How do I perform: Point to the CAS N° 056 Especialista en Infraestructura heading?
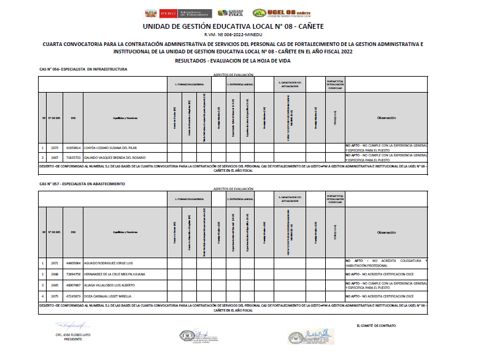[x=83, y=69]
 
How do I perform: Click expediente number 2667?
[x=54, y=157]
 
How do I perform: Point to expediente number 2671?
[x=54, y=262]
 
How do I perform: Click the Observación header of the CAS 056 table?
[x=386, y=118]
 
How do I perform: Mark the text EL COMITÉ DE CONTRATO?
[x=375, y=325]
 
